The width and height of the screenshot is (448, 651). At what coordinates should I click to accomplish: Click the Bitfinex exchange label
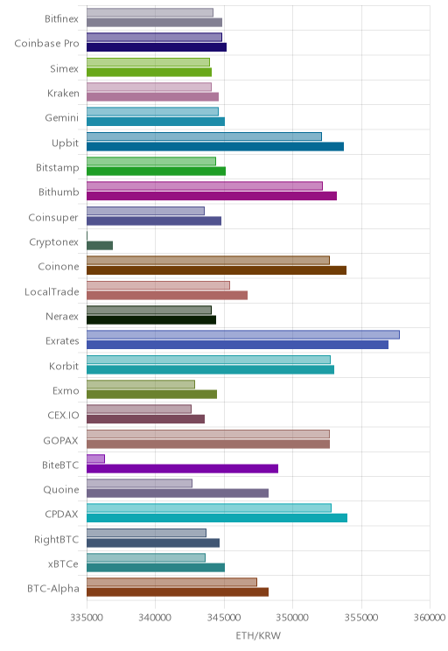[x=61, y=18]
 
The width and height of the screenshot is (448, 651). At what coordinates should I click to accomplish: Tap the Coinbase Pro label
[x=46, y=43]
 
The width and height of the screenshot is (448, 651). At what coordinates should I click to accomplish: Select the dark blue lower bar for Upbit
[x=215, y=146]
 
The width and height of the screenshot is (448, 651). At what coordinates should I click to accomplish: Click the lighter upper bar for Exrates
[x=243, y=334]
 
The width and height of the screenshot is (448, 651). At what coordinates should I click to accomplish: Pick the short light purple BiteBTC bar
[x=95, y=458]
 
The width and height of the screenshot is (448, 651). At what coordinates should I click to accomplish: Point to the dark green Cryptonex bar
[x=100, y=245]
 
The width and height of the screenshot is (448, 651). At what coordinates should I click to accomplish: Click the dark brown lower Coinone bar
[x=216, y=270]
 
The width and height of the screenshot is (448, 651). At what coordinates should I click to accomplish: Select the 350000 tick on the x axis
[x=292, y=618]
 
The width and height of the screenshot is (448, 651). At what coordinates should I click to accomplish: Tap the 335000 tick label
[x=87, y=618]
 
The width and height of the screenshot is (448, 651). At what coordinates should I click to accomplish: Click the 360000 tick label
[x=430, y=618]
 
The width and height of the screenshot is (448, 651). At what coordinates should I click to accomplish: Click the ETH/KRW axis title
[x=258, y=635]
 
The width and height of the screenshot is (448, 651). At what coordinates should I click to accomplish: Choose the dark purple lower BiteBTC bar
[x=182, y=469]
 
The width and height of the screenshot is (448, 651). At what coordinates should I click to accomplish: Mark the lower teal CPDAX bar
[x=217, y=518]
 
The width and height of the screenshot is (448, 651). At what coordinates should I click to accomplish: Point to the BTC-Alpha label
[x=53, y=588]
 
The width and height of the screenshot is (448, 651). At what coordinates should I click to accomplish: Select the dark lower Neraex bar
[x=151, y=320]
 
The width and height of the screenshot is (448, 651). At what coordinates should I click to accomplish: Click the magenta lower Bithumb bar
[x=212, y=196]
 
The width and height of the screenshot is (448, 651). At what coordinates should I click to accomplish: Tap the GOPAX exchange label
[x=60, y=440]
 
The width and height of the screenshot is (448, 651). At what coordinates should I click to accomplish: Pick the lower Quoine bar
[x=178, y=493]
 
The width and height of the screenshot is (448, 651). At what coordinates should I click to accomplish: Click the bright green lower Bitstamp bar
[x=156, y=171]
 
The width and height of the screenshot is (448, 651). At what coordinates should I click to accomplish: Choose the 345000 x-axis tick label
[x=224, y=618]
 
